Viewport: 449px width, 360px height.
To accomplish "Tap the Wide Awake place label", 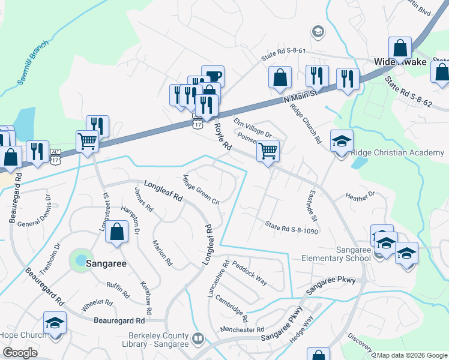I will coord(400,62).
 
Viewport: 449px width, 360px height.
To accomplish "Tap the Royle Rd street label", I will coord(223,136).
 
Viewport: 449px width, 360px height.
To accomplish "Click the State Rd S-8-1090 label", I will coord(291,227).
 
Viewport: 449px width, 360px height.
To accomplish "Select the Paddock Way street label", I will coord(250,272).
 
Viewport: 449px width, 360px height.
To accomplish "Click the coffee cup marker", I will coord(212,76).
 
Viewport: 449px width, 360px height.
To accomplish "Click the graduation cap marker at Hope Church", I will coord(55,323).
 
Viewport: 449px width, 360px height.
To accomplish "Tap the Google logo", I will coord(20,353).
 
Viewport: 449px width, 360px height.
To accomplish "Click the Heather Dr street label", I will coord(360,196).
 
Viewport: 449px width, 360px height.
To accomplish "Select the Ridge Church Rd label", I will coord(306,124).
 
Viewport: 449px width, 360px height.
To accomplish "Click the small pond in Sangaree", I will coord(79,260).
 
